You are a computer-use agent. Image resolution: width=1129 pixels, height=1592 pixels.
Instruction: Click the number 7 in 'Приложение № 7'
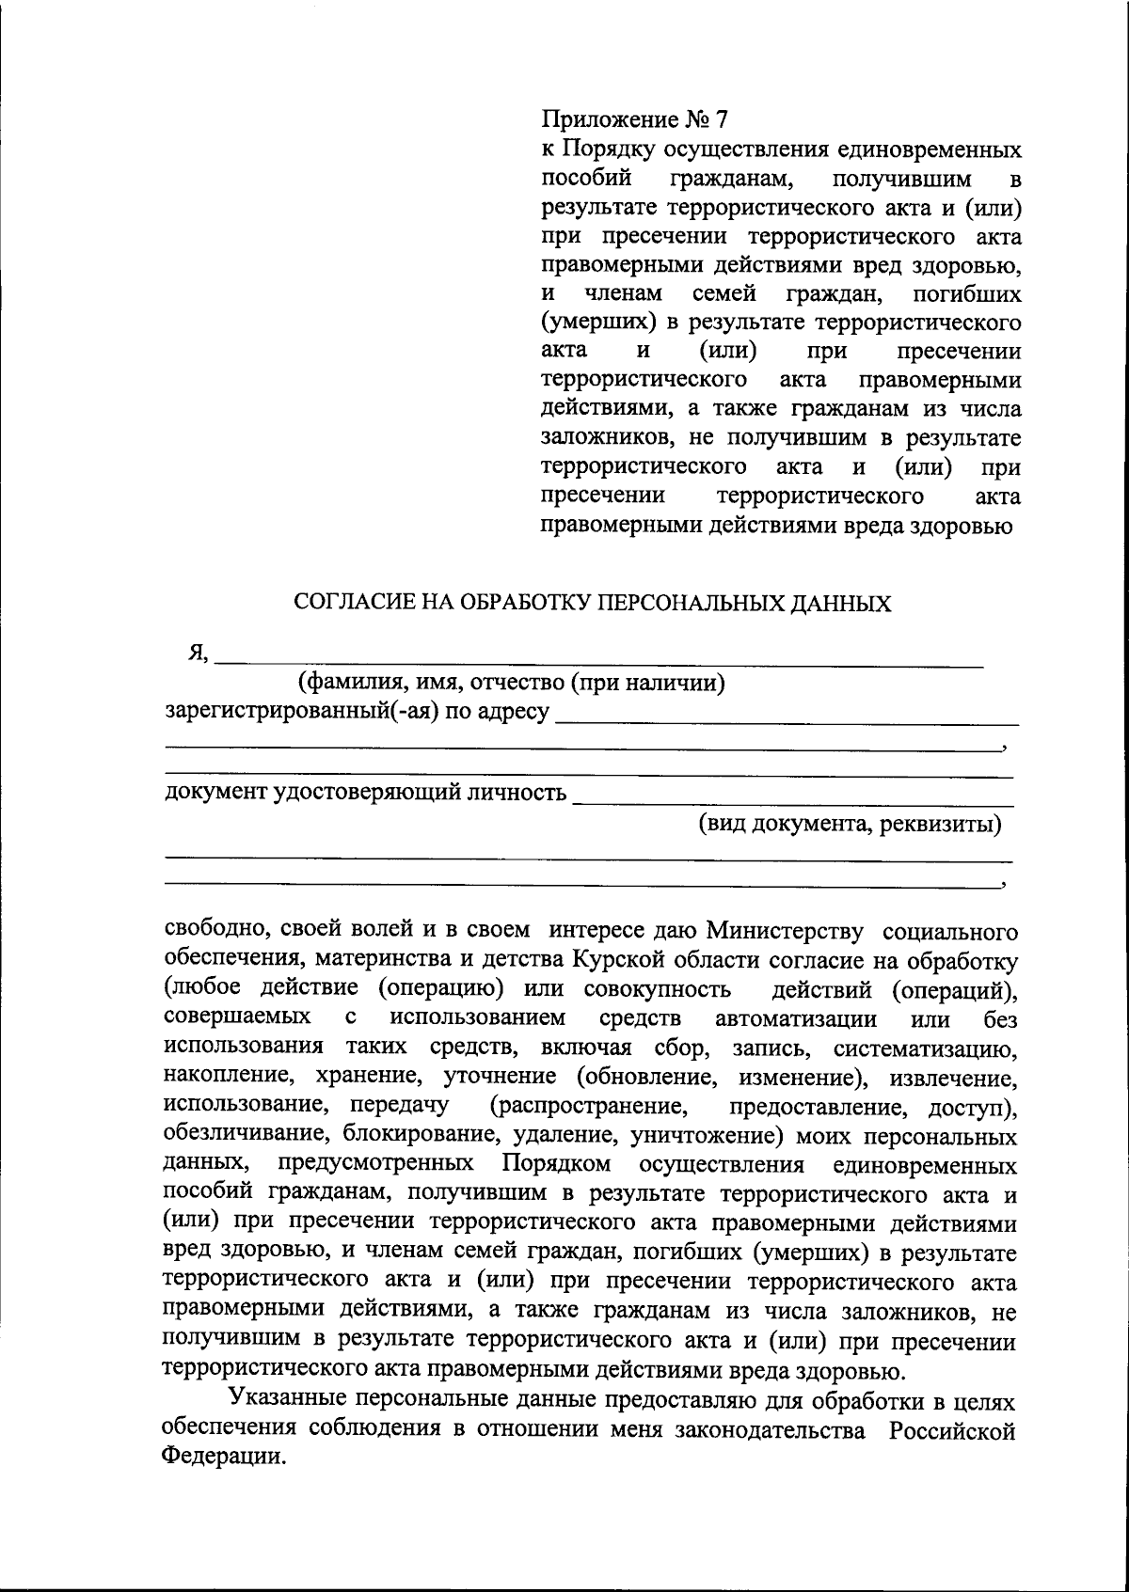click(x=721, y=119)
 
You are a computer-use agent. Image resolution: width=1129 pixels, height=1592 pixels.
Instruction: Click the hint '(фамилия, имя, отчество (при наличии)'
click(x=511, y=683)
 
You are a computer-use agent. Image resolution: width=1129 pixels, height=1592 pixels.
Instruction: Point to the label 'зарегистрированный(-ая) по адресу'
click(x=357, y=712)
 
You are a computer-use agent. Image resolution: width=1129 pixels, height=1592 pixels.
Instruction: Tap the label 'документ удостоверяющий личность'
click(x=366, y=793)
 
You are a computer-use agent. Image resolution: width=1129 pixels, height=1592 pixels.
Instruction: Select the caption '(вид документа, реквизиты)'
click(x=849, y=825)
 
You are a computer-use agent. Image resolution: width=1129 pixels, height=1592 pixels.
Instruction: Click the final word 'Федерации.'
click(x=222, y=1458)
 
